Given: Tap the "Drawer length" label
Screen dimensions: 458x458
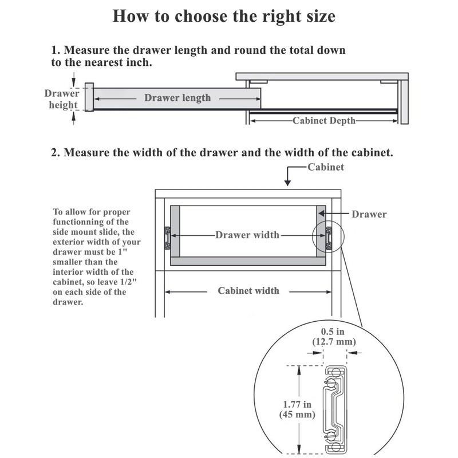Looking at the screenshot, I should click(x=177, y=98).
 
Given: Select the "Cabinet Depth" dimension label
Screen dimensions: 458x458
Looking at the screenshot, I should click(x=324, y=121).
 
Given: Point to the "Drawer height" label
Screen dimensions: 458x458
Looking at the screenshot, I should click(x=62, y=99).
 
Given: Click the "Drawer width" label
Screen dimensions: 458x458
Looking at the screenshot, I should click(x=247, y=235).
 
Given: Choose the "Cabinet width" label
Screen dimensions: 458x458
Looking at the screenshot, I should click(x=248, y=291).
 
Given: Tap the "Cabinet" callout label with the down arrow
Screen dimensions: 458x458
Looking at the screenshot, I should click(x=325, y=167).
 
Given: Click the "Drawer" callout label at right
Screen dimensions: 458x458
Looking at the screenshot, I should click(x=369, y=215).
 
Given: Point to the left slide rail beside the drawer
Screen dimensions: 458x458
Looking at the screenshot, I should click(x=167, y=237).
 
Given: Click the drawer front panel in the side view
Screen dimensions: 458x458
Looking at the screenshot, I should click(x=89, y=97).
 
